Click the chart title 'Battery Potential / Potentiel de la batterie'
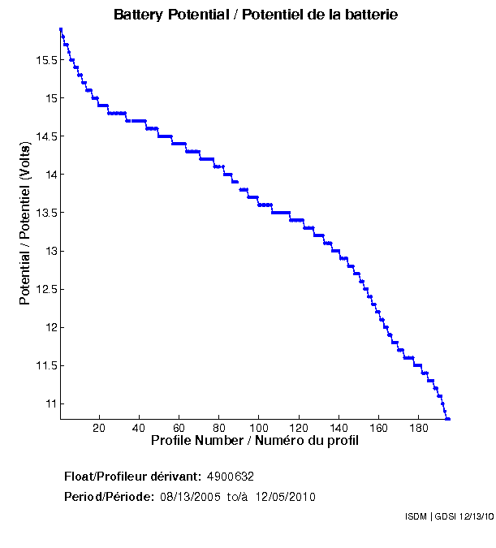[256, 15]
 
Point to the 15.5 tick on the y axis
[44, 60]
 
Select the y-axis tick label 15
[50, 98]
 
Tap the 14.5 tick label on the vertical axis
[44, 136]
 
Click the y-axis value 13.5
[44, 213]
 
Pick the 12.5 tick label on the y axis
[44, 289]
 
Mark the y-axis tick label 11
[50, 403]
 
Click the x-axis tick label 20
[99, 428]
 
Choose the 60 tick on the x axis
[179, 428]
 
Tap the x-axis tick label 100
[258, 428]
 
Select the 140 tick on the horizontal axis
[339, 428]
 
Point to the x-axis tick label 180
[418, 428]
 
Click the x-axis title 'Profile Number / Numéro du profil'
[255, 441]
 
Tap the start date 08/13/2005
[191, 497]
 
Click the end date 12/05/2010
[285, 497]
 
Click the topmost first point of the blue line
[61, 29]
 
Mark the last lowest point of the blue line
[448, 419]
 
